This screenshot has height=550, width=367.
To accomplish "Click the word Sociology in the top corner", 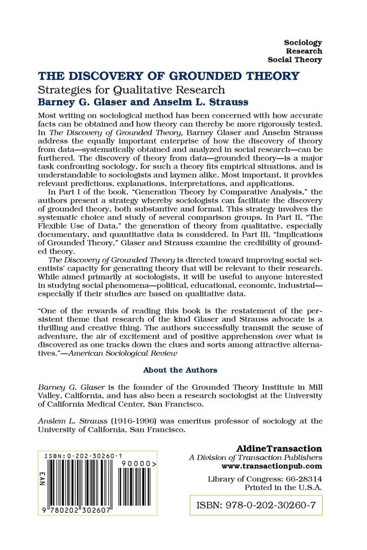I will pos(303,42).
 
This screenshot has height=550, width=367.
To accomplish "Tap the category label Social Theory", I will pos(295,59).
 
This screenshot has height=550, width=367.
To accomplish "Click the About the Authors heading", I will pos(180,370).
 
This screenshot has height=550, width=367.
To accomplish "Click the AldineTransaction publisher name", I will pos(280,448).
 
